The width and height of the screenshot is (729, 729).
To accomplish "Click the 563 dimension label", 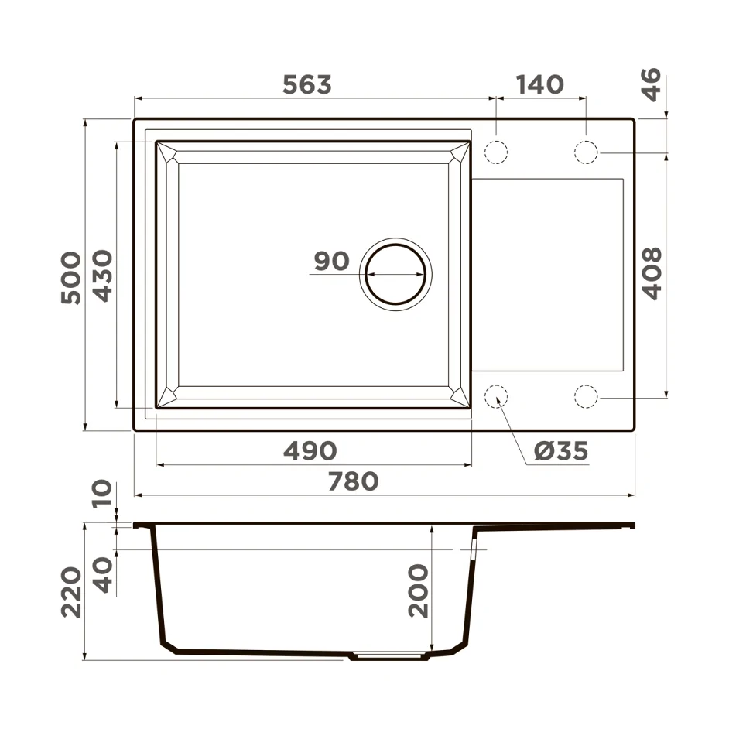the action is click(x=307, y=84).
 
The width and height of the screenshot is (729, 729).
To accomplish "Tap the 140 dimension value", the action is click(x=539, y=84).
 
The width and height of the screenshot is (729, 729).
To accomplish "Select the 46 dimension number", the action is click(x=651, y=84).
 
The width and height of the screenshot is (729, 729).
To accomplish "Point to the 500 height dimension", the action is click(x=70, y=278).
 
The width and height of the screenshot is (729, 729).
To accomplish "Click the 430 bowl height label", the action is click(x=102, y=276).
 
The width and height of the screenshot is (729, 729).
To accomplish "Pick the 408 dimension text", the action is click(x=652, y=274).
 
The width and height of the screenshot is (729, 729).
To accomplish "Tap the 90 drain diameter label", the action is click(x=331, y=261).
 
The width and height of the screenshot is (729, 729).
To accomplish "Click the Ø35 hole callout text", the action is click(x=561, y=451).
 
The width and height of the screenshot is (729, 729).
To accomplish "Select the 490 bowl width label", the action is click(x=310, y=451).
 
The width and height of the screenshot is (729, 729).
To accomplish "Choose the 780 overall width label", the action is click(x=354, y=481).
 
